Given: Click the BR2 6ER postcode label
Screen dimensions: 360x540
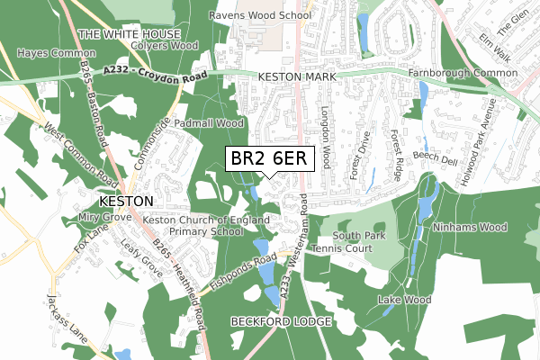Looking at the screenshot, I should tap(269, 158).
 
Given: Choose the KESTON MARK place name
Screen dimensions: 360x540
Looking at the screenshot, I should tap(297, 78).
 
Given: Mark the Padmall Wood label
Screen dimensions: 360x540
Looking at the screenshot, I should tap(208, 122).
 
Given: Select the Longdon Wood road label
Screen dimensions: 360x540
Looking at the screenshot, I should tap(327, 141).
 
